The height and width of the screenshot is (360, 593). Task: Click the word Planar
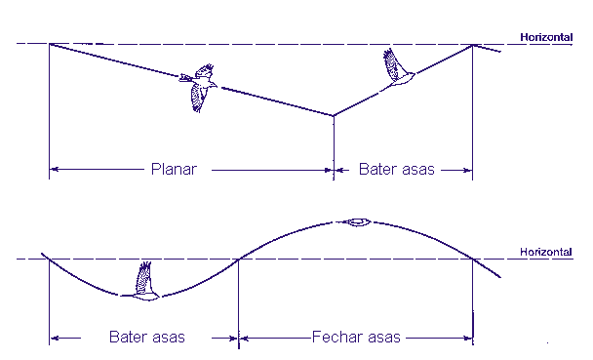tap(174, 169)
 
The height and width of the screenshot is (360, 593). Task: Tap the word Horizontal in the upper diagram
tap(546, 37)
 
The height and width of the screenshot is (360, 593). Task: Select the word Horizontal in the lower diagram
tap(546, 252)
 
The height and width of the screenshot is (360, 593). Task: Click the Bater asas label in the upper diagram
tap(396, 169)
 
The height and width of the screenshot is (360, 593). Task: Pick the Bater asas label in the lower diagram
tap(147, 337)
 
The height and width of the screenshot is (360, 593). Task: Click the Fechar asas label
tap(356, 337)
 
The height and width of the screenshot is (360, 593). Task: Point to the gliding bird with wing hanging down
tap(198, 88)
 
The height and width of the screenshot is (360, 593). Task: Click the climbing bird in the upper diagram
tap(398, 69)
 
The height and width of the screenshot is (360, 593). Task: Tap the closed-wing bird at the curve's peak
tap(358, 222)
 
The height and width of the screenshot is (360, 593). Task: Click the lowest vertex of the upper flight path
tap(334, 115)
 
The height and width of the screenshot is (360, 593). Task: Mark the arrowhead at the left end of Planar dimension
tap(55, 169)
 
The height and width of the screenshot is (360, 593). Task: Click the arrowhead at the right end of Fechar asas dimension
tap(468, 338)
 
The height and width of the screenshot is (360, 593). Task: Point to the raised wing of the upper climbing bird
tap(392, 64)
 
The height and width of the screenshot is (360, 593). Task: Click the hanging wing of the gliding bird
tap(197, 98)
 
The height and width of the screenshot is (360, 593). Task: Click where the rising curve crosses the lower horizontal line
tap(239, 260)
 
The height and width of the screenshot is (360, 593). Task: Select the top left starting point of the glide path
tap(50, 44)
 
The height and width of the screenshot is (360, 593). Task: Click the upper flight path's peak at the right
tap(472, 45)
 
